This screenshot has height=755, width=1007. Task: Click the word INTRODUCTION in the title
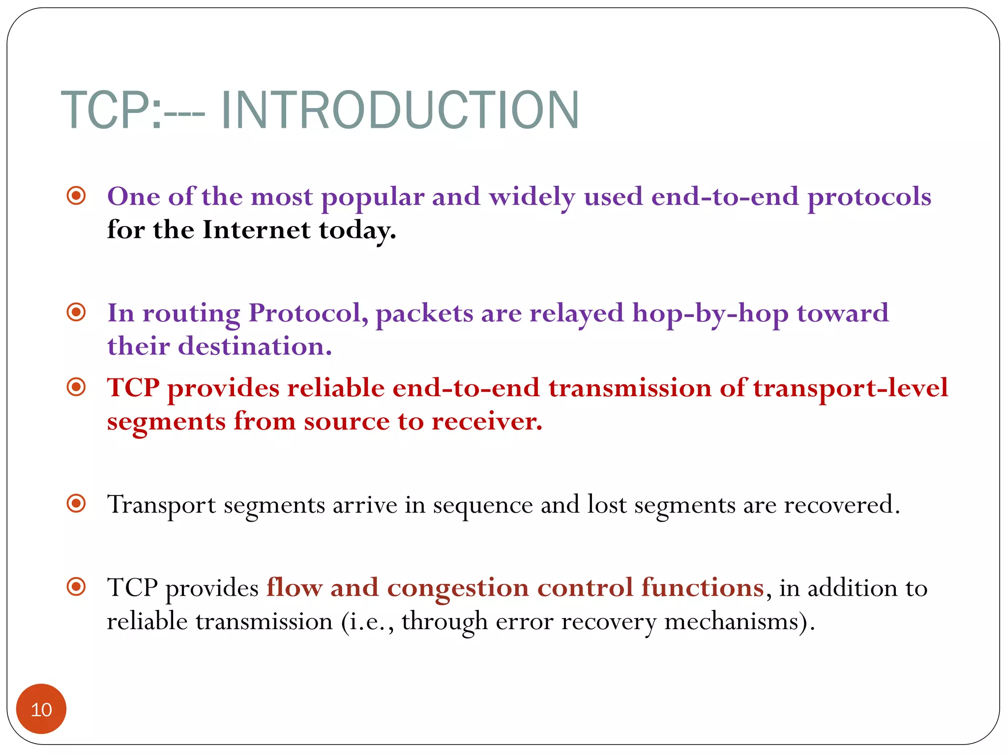pyautogui.click(x=400, y=111)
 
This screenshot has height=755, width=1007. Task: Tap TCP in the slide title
pyautogui.click(x=106, y=111)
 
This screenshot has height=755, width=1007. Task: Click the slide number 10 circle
pyautogui.click(x=41, y=709)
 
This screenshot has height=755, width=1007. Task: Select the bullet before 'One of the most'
pyautogui.click(x=76, y=196)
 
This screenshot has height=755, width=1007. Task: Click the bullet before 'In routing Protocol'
pyautogui.click(x=76, y=312)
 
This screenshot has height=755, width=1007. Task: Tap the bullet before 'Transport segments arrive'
pyautogui.click(x=76, y=503)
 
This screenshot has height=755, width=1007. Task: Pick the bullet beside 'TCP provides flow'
pyautogui.click(x=76, y=586)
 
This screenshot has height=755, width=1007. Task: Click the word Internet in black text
pyautogui.click(x=256, y=230)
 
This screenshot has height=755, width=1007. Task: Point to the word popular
pyautogui.click(x=372, y=198)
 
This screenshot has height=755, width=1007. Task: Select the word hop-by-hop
pyautogui.click(x=710, y=314)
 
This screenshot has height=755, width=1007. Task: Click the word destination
pyautogui.click(x=255, y=346)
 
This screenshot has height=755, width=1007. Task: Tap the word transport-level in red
pyautogui.click(x=850, y=388)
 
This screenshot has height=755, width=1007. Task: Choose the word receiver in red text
pyautogui.click(x=486, y=421)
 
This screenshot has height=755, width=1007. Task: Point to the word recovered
pyautogui.click(x=841, y=504)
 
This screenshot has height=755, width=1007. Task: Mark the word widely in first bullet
pyautogui.click(x=532, y=198)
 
